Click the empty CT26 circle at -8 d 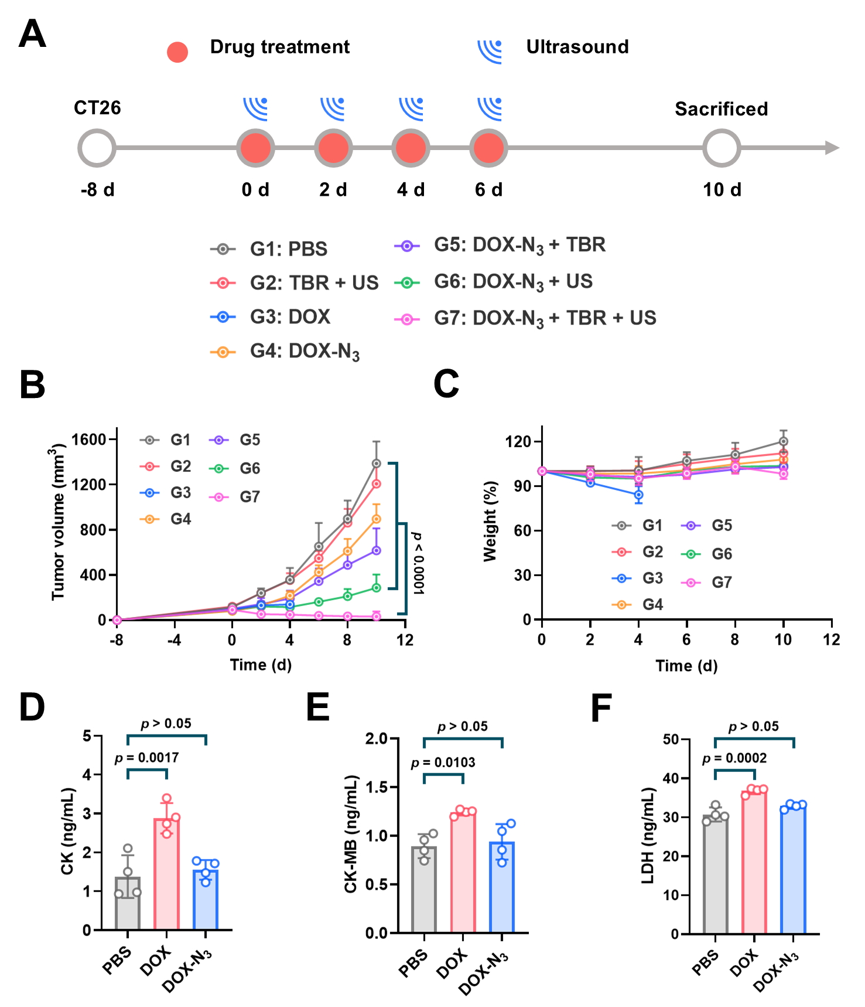[97, 148]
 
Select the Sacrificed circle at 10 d [722, 148]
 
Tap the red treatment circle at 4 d [411, 148]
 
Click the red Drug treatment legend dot [177, 52]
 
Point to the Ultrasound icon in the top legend [490, 51]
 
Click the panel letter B [32, 385]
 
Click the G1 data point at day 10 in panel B [376, 463]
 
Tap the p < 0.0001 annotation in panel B [418, 563]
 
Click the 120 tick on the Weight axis [518, 441]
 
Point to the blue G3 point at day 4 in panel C [638, 495]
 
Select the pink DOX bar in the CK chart [167, 873]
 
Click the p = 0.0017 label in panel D [147, 758]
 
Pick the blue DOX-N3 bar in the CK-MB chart [502, 887]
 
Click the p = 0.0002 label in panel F [734, 758]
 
